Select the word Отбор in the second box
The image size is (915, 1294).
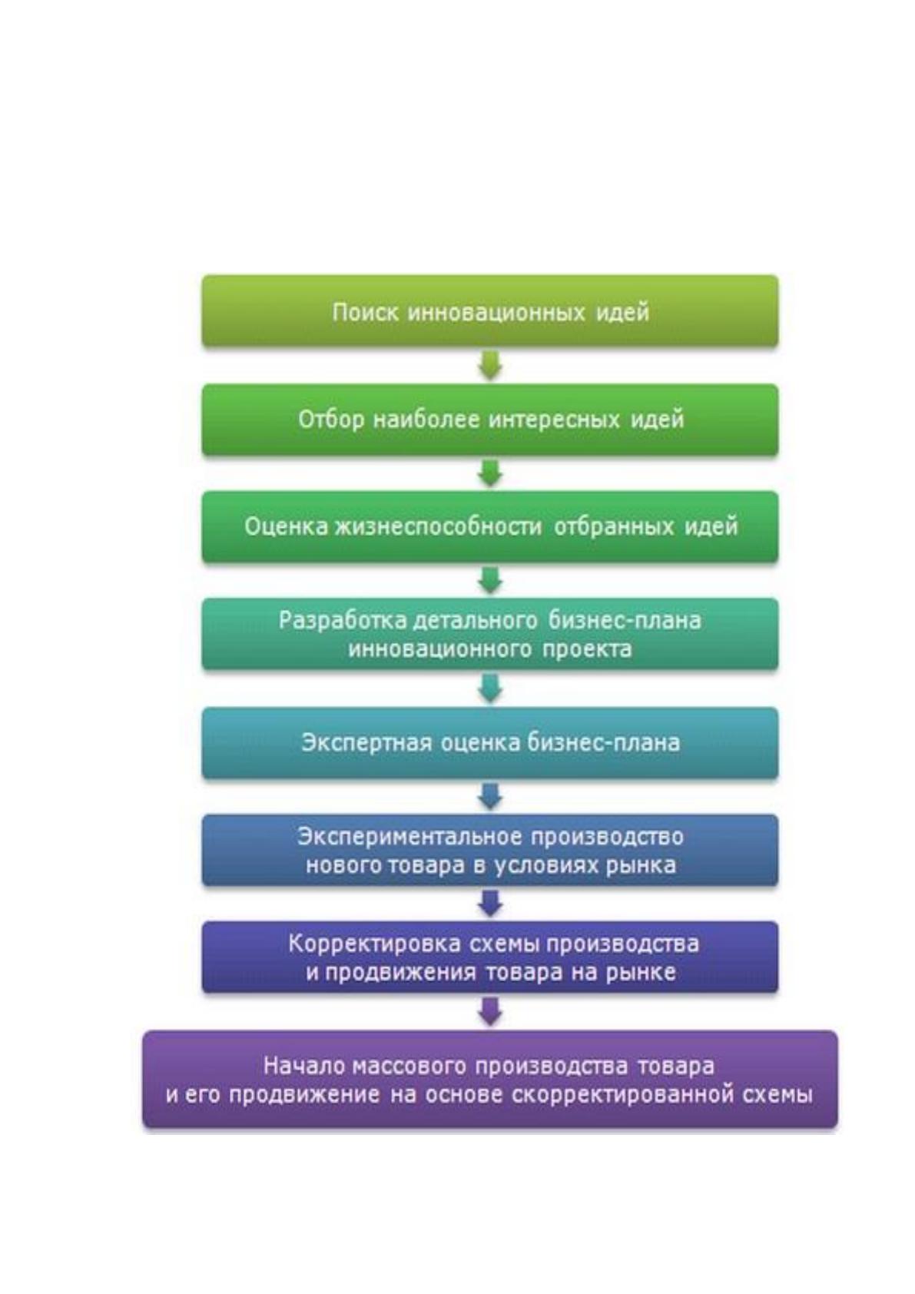(332, 419)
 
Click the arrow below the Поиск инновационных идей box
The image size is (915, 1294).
(490, 366)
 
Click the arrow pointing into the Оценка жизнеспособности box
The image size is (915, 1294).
(490, 473)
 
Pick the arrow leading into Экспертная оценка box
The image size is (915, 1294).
(490, 688)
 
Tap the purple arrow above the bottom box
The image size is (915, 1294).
(490, 1011)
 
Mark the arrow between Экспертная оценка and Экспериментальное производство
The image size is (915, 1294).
(490, 795)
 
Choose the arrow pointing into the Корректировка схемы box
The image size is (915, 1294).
(490, 903)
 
